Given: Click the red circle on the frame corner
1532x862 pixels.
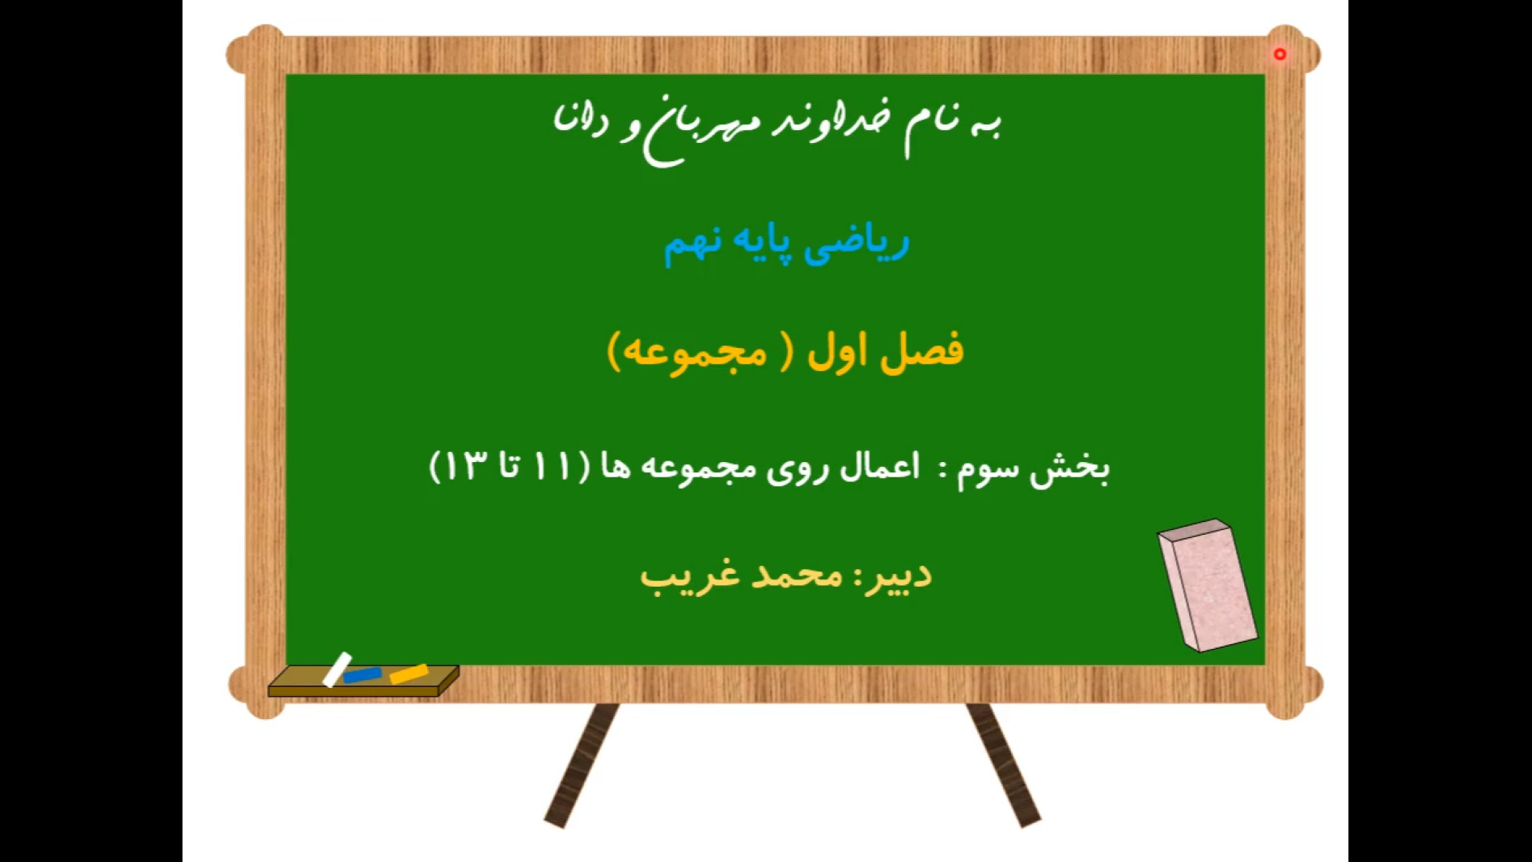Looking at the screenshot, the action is [x=1280, y=54].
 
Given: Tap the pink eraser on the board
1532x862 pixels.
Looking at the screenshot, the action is [x=1207, y=585].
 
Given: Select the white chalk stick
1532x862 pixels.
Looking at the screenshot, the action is [x=337, y=670].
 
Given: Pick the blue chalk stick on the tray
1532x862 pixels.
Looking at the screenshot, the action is [x=362, y=675].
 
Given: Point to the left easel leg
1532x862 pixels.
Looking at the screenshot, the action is [x=581, y=765].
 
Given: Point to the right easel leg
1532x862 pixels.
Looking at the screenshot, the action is [x=1004, y=765].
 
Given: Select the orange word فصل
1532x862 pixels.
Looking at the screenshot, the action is [x=922, y=352].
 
